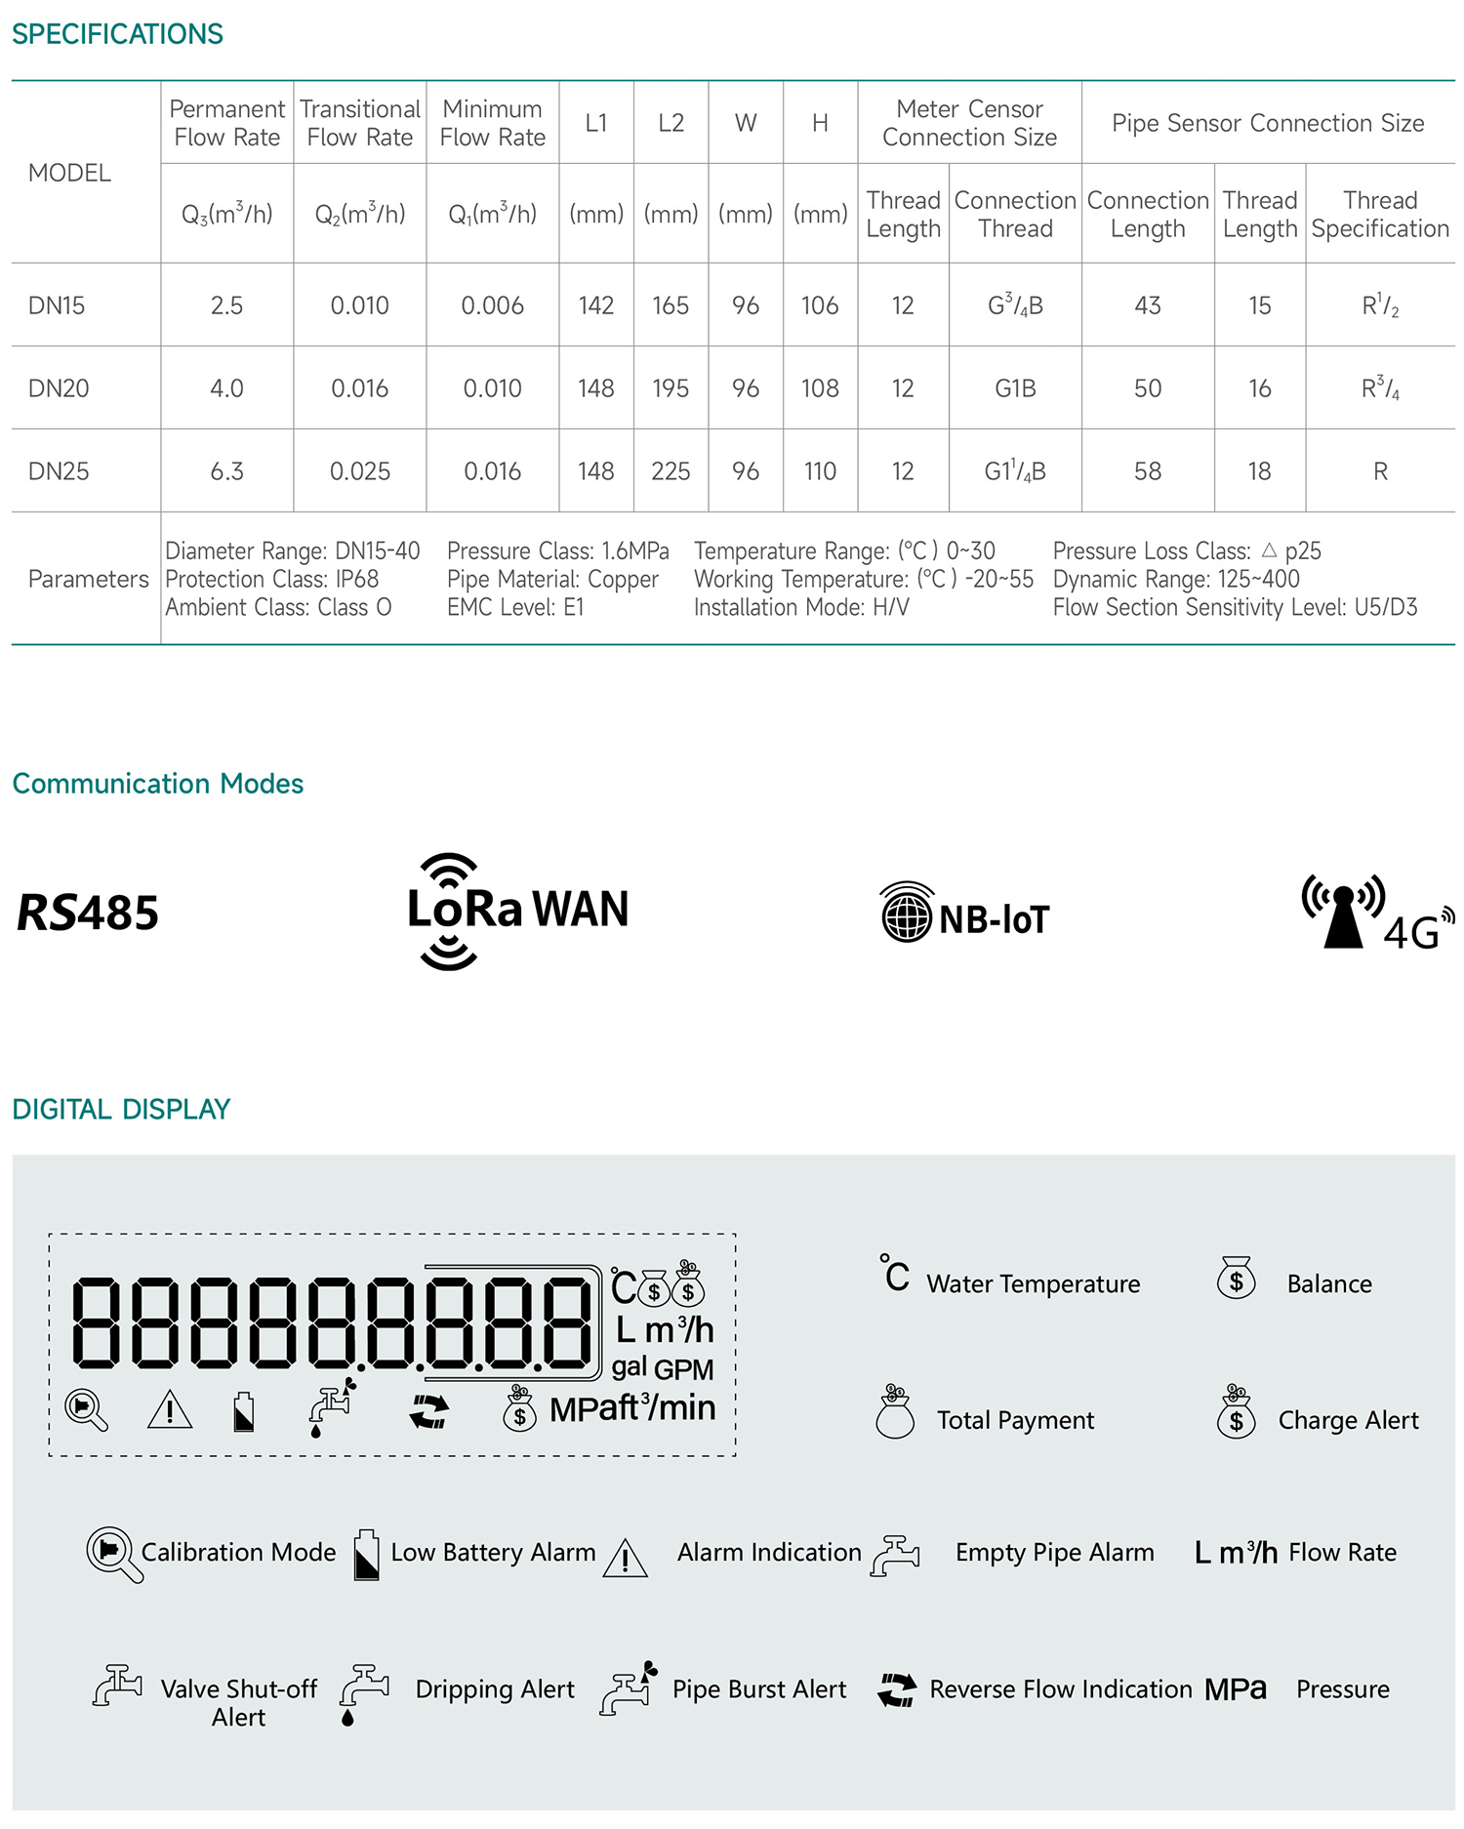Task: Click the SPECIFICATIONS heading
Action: pyautogui.click(x=117, y=34)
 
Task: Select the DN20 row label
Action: pyautogui.click(x=59, y=388)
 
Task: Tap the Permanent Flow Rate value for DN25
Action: pyautogui.click(x=226, y=471)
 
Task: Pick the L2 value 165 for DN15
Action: pyautogui.click(x=671, y=305)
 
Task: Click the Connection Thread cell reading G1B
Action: pyautogui.click(x=1015, y=388)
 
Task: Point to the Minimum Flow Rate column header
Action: pyautogui.click(x=492, y=123)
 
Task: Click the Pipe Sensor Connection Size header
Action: pyautogui.click(x=1268, y=123)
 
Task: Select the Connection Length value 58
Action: pyautogui.click(x=1148, y=471)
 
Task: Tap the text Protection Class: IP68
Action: pyautogui.click(x=271, y=579)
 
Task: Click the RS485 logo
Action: pyautogui.click(x=88, y=914)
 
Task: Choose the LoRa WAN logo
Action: pyautogui.click(x=517, y=911)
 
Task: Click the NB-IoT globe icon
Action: pyautogui.click(x=907, y=914)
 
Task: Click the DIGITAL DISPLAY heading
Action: pyautogui.click(x=121, y=1109)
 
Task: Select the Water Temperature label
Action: pyautogui.click(x=1033, y=1283)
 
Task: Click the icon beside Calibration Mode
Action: pyautogui.click(x=113, y=1553)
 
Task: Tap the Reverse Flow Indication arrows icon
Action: pyautogui.click(x=897, y=1689)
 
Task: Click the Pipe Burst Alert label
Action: pyautogui.click(x=759, y=1689)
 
